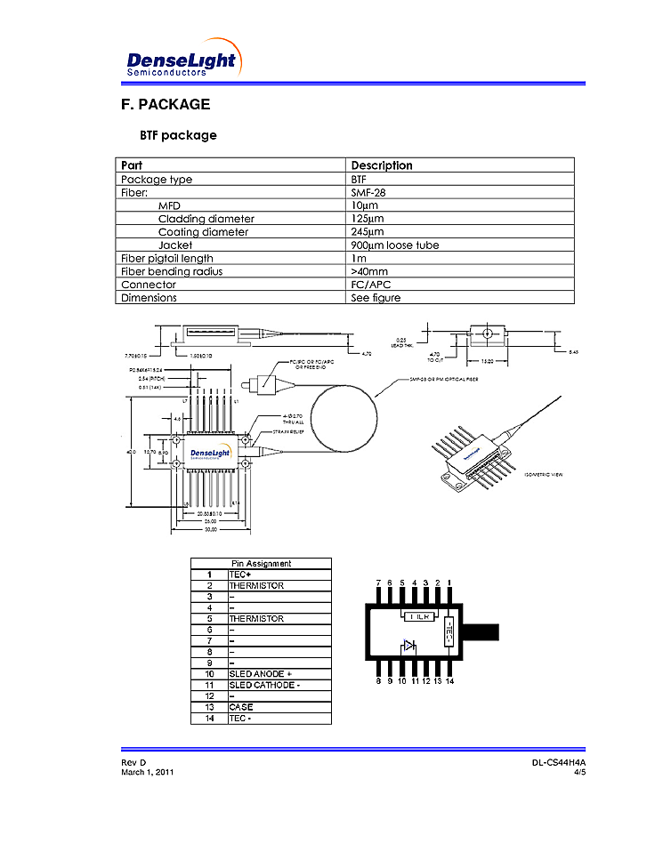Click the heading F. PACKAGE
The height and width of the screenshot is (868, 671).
tap(166, 104)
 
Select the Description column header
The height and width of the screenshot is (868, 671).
tap(382, 165)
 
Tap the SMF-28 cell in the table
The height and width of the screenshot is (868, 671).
tap(368, 192)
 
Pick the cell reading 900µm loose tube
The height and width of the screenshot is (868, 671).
tap(394, 245)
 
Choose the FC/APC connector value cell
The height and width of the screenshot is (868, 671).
tap(371, 285)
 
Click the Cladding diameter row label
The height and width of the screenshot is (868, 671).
tap(206, 219)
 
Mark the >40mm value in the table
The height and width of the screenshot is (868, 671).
tap(369, 271)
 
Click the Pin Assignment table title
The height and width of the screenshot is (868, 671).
tap(261, 564)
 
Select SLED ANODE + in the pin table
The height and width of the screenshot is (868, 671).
tap(260, 674)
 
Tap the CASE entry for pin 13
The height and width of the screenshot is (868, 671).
tap(240, 707)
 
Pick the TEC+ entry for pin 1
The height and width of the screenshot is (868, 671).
tap(240, 575)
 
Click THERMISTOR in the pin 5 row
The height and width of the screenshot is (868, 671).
tap(256, 619)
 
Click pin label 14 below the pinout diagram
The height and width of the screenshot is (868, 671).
tap(450, 681)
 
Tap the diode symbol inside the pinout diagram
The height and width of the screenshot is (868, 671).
tap(408, 647)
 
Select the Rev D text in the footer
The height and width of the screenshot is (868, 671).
tap(133, 763)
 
